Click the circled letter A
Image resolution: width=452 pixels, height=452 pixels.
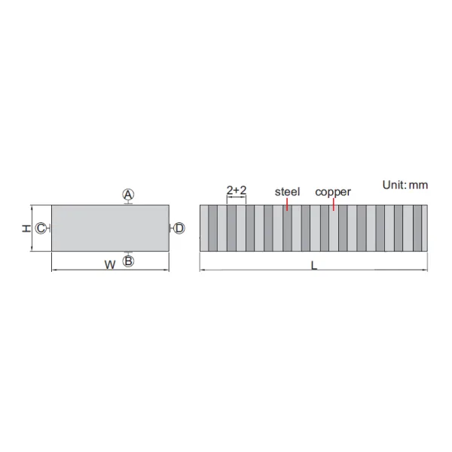(x=128, y=194)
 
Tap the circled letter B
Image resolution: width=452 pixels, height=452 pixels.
(x=128, y=261)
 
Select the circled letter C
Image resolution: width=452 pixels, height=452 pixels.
(x=41, y=228)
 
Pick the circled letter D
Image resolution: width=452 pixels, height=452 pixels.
(x=179, y=228)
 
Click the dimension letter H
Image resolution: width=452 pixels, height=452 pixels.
(x=26, y=228)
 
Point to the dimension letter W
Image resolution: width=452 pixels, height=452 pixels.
(x=110, y=264)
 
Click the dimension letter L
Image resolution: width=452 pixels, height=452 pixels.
(x=314, y=265)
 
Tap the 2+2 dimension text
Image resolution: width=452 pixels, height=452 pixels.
(x=237, y=190)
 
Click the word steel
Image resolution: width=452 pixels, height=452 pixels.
(x=288, y=191)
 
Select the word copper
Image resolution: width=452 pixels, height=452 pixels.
(x=333, y=192)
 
